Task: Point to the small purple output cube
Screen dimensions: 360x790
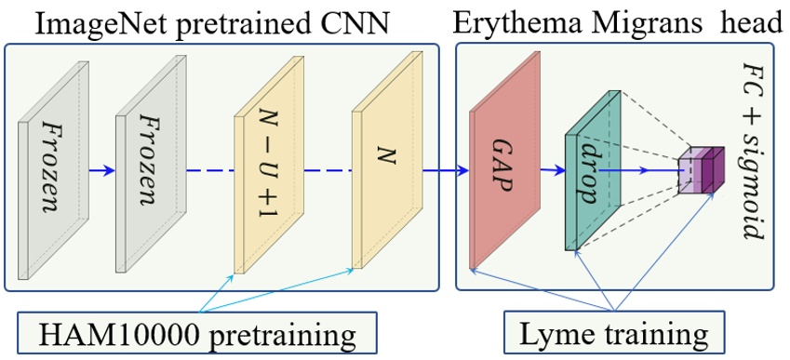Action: click(x=700, y=170)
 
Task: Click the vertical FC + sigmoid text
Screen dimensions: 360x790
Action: click(x=754, y=149)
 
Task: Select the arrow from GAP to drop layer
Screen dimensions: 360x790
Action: click(x=550, y=170)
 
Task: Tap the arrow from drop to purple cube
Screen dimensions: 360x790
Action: click(x=642, y=170)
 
